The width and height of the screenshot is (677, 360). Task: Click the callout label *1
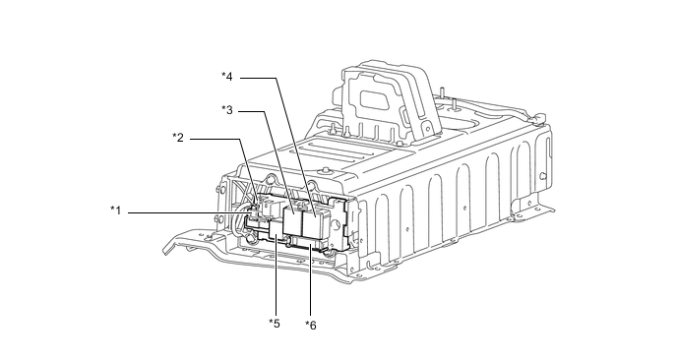[116, 211]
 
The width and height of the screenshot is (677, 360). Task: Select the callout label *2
[178, 138]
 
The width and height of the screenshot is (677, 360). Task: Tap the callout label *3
[227, 110]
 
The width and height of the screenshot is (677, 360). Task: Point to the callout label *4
[227, 77]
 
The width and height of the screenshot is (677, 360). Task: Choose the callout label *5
[275, 324]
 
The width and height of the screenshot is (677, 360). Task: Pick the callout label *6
[311, 325]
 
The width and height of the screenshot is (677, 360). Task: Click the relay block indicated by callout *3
[292, 220]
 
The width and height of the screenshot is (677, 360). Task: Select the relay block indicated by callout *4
[316, 221]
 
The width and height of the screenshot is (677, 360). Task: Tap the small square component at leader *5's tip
[276, 229]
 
